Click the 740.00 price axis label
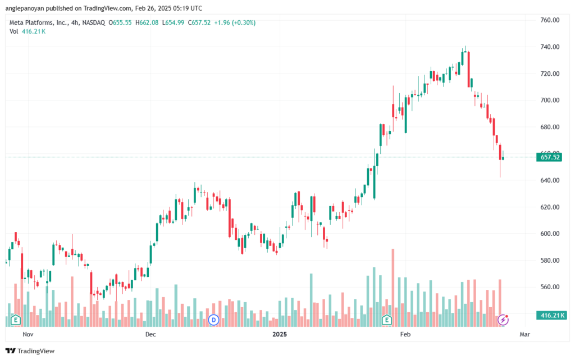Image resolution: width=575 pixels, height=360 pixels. click(550, 47)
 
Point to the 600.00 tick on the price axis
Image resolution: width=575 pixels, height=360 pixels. click(550, 234)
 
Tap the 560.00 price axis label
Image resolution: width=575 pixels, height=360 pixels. click(550, 286)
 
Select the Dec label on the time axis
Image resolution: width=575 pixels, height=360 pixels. click(150, 334)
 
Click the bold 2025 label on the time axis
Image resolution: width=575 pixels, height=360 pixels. click(280, 334)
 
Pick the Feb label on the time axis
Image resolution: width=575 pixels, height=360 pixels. click(405, 334)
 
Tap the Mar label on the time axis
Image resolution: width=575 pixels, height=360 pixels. click(525, 334)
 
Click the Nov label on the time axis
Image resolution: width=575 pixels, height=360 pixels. click(28, 334)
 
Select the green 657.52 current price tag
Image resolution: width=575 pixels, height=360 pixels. click(549, 157)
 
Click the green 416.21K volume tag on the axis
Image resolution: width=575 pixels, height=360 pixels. click(551, 315)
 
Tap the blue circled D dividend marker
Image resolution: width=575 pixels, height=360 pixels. click(213, 320)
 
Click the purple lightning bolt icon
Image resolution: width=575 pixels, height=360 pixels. click(503, 320)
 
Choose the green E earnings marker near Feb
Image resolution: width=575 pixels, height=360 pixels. click(386, 320)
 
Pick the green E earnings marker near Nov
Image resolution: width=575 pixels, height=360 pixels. click(15, 320)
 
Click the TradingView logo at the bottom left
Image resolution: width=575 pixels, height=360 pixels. click(30, 351)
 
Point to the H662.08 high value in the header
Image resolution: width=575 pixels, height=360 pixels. click(147, 22)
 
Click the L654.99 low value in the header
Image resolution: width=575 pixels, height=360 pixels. click(173, 22)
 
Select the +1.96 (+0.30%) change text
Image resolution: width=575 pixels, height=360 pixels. click(235, 22)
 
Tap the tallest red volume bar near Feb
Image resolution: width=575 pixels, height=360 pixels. click(393, 288)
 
